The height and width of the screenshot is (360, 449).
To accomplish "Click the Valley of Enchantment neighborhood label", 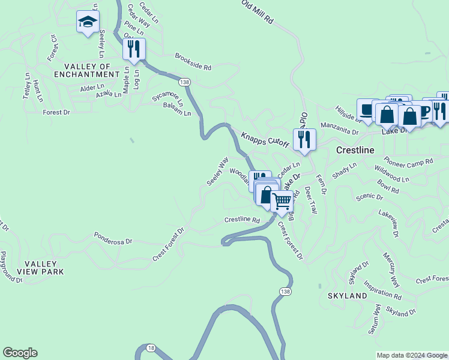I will point(87,70).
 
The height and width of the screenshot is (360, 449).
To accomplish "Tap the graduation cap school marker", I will point(88,23).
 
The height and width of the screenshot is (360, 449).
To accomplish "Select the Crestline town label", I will point(355,150).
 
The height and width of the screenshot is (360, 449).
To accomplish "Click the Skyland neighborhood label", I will point(348,296).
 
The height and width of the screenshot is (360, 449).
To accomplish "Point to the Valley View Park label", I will point(40,268).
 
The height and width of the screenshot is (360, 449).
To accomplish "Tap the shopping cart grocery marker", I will point(282,202).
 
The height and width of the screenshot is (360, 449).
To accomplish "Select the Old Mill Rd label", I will point(258,11).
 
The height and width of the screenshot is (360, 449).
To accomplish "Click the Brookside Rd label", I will point(193,61).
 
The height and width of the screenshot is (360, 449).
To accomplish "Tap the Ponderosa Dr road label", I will point(112,238).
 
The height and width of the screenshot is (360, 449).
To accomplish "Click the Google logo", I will point(20,353).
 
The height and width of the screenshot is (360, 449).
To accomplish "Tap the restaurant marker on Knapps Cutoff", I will point(304,140).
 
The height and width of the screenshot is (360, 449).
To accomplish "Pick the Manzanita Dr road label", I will point(339,128).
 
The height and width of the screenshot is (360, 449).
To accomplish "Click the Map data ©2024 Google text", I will point(411,355).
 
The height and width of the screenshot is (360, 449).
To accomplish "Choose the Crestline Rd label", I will point(242,220).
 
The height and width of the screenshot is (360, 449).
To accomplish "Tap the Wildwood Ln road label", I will point(391,174).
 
